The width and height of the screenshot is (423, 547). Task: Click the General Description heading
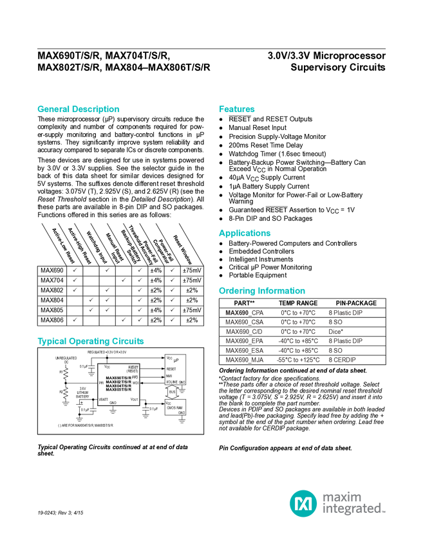[x=79, y=109]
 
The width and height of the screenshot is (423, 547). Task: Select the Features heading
[x=237, y=109]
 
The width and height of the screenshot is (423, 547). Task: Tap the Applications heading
[x=245, y=233]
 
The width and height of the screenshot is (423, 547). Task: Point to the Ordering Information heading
[x=261, y=291]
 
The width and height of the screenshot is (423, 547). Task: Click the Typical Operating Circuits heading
[x=91, y=341]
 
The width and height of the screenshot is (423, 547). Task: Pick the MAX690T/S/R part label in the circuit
[x=118, y=378]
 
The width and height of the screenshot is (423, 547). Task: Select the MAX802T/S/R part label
[x=118, y=382]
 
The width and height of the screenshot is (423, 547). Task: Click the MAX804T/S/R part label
[x=118, y=385]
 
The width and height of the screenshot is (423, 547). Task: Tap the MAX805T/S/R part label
[x=118, y=389]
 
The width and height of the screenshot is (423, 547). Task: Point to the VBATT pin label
[x=102, y=400]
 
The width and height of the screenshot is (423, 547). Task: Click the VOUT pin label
[x=134, y=400]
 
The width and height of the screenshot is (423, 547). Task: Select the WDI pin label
[x=135, y=383]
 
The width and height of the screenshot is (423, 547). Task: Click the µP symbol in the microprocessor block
[x=176, y=360]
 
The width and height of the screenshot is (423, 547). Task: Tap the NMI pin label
[x=169, y=376]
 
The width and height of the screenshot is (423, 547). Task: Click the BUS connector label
[x=172, y=392]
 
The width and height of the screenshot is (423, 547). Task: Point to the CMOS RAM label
[x=175, y=408]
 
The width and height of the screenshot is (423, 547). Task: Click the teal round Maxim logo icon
[x=303, y=502]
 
